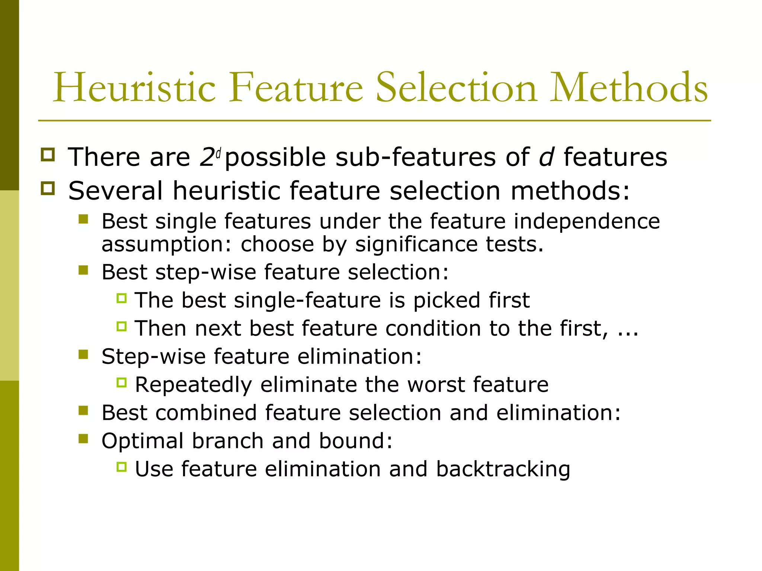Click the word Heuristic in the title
click(134, 88)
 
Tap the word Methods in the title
click(629, 88)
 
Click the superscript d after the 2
click(219, 153)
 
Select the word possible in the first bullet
click(275, 158)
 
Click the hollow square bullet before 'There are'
click(48, 155)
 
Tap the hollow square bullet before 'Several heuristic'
click(48, 188)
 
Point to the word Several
click(115, 191)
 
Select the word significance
click(416, 245)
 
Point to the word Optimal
click(143, 441)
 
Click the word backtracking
click(503, 469)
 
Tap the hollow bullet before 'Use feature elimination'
click(122, 467)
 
